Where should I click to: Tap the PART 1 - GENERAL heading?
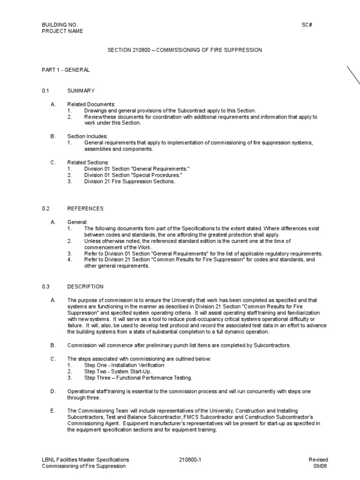[66, 70]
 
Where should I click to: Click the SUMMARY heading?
[81, 90]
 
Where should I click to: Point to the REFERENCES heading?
[85, 208]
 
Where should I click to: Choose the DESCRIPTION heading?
[85, 286]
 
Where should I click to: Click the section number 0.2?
[46, 208]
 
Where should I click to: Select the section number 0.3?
[46, 286]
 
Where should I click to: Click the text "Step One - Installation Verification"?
[124, 365]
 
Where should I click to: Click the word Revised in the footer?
[318, 460]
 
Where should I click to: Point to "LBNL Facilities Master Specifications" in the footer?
[85, 460]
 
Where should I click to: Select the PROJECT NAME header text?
[63, 31]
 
